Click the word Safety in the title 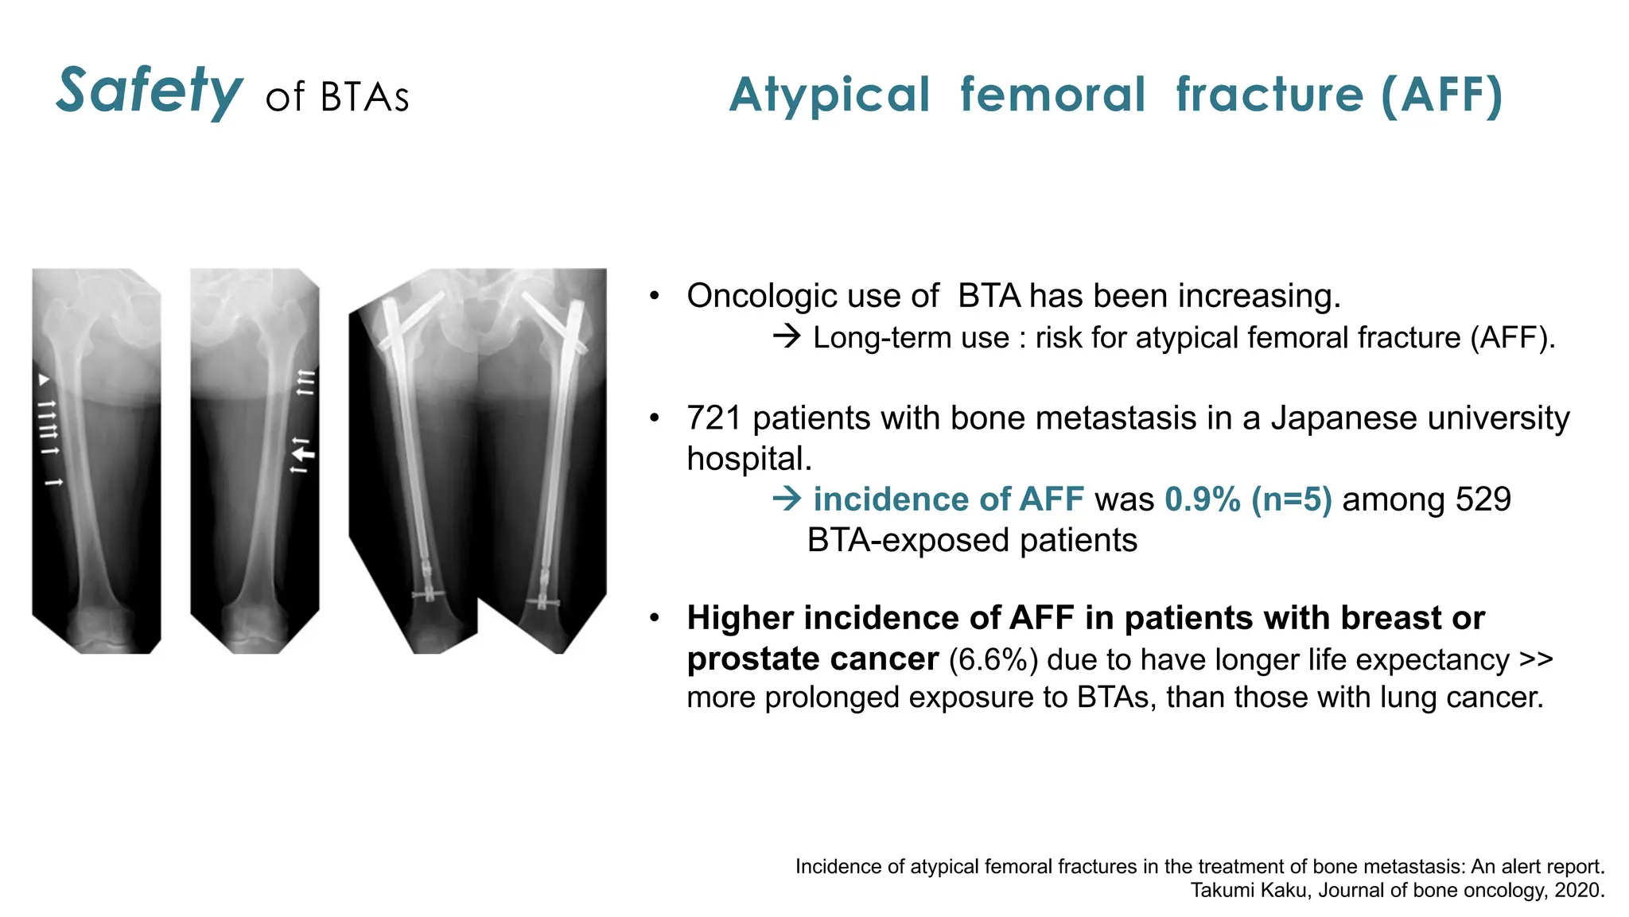(149, 91)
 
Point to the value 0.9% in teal (1202, 499)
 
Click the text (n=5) (1291, 499)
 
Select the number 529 (1483, 499)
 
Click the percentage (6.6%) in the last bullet (993, 660)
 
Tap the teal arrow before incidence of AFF (787, 499)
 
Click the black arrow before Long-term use (787, 337)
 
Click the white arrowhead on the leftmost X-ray (45, 380)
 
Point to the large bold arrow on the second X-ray (303, 453)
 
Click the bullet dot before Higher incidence (655, 618)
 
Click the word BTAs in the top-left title (364, 98)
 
